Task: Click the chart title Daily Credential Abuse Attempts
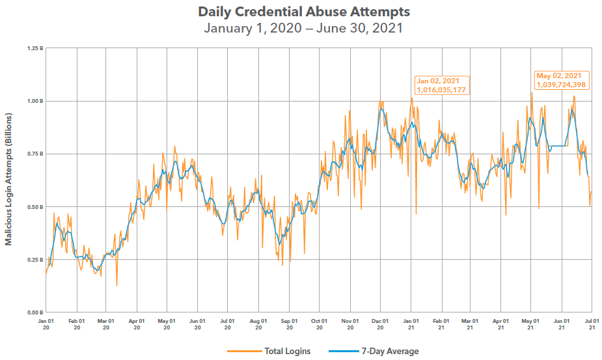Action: pyautogui.click(x=303, y=12)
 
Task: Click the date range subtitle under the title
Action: pyautogui.click(x=303, y=28)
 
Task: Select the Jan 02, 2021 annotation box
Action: pyautogui.click(x=442, y=85)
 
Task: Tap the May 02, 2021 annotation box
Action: pyautogui.click(x=562, y=80)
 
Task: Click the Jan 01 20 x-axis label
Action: pyautogui.click(x=46, y=324)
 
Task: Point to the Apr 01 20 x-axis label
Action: pyautogui.click(x=137, y=324)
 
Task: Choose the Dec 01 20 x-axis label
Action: pyautogui.click(x=380, y=324)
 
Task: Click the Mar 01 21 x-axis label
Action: pyautogui.click(x=470, y=324)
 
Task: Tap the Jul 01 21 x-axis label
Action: pyautogui.click(x=591, y=324)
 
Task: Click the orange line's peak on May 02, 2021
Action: pyautogui.click(x=531, y=92)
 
